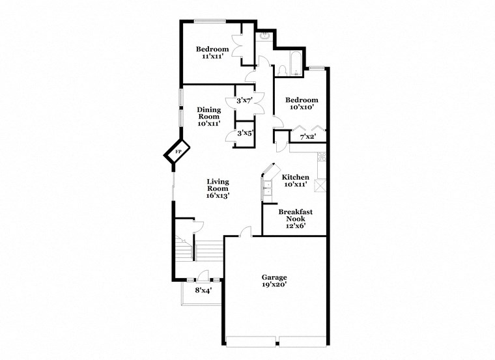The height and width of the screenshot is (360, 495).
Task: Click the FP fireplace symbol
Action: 176,153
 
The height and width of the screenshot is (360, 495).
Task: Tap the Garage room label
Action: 274,277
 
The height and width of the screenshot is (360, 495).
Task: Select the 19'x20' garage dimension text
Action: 274,285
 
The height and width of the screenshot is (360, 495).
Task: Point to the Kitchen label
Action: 295,177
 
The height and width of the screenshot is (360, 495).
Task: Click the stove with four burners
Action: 320,157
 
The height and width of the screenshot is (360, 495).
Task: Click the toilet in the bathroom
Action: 281,70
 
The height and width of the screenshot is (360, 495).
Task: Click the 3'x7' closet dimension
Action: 244,100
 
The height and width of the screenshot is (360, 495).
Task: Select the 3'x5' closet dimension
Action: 244,133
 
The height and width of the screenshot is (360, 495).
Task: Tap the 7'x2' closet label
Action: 307,137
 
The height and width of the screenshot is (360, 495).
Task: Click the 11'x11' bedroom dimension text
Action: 213,57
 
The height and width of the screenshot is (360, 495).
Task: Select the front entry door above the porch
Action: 202,276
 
